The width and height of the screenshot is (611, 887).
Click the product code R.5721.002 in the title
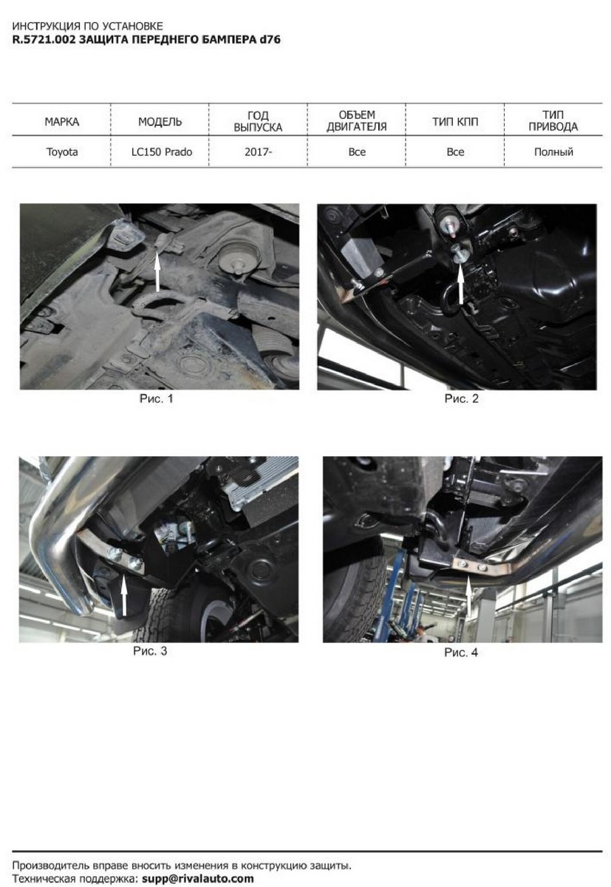tap(44, 40)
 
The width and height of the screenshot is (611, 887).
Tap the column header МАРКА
tap(62, 121)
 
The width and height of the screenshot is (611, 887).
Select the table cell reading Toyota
tap(62, 152)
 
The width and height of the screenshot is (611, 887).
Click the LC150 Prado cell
tap(162, 152)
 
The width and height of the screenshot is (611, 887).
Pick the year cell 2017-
tap(258, 152)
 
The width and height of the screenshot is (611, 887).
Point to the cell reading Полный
tap(553, 152)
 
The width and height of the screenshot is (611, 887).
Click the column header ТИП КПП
tap(455, 121)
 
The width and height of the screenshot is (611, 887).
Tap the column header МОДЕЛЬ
tap(160, 121)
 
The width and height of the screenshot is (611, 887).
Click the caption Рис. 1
tap(157, 398)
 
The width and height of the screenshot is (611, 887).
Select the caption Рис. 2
tap(462, 398)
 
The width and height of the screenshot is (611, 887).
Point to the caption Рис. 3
tap(150, 651)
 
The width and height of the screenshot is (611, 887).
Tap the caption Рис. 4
tap(461, 652)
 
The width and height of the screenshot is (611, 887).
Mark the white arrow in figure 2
tap(460, 282)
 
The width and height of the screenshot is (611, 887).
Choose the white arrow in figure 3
tap(124, 595)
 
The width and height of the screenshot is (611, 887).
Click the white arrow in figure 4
tap(468, 597)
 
